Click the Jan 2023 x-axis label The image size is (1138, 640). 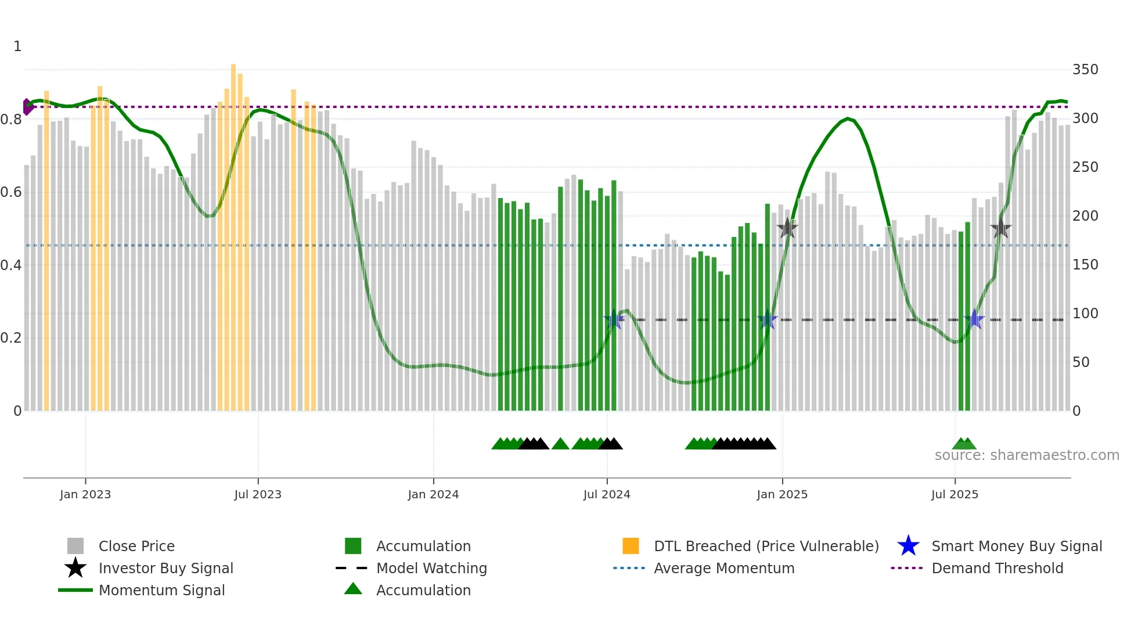85,494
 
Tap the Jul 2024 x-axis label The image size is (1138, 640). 606,494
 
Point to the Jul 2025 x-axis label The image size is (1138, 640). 955,494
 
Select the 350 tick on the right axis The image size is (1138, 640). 1085,70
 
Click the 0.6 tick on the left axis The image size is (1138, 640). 11,192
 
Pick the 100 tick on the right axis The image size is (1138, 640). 1085,314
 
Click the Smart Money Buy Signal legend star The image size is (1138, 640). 908,546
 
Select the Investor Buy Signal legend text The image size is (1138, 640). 165,568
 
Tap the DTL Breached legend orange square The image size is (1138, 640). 631,546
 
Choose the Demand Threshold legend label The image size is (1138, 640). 997,568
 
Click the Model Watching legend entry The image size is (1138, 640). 431,568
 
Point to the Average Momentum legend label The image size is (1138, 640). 723,568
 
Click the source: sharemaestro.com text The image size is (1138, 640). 1027,455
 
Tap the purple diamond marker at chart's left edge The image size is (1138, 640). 27,107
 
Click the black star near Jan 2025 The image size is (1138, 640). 787,228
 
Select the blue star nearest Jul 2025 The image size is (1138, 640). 974,319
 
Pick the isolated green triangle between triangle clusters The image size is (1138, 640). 560,444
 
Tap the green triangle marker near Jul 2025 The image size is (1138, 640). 964,444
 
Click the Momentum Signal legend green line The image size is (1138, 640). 75,590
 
